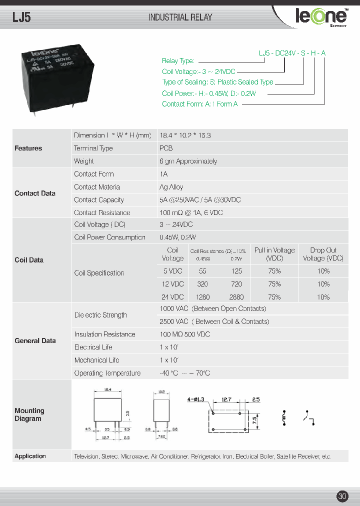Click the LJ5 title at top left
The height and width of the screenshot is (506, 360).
22,17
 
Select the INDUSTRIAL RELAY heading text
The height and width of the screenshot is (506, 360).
180,17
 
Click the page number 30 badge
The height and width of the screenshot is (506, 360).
342,496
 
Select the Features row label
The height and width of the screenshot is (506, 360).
28,148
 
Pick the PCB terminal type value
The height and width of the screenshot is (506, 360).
166,148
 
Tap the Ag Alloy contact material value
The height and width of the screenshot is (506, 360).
171,187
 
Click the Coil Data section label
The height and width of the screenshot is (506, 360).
29,260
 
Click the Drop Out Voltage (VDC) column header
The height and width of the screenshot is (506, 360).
323,254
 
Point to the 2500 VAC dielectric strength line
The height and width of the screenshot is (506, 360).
214,321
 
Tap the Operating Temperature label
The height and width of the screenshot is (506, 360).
107,373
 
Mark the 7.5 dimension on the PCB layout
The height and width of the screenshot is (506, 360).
255,418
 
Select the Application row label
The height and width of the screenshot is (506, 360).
30,456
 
